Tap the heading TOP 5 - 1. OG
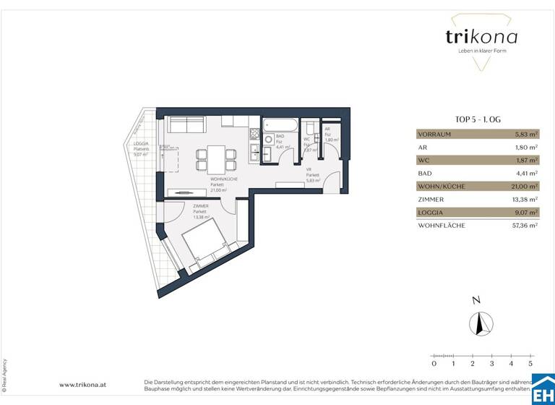point(477,121)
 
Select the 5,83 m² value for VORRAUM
point(525,134)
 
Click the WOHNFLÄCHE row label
point(442,226)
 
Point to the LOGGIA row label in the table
point(431,213)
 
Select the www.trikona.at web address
point(84,385)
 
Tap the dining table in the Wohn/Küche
point(215,156)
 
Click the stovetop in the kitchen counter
point(254,135)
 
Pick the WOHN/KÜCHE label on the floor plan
point(224,179)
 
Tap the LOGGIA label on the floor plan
point(140,145)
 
